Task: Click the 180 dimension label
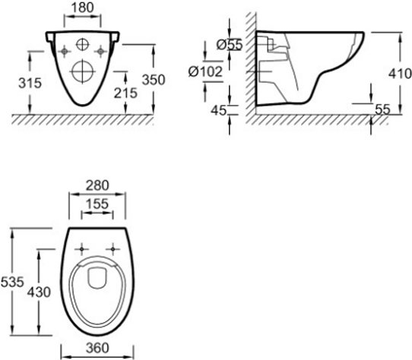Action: coord(83,8)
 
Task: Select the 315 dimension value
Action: coord(30,83)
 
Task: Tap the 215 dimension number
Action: coord(125,93)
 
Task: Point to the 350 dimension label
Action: coord(154,80)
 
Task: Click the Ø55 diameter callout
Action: coord(229,45)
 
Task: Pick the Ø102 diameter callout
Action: coord(206,71)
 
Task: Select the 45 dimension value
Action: coord(219,110)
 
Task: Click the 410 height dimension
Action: coord(400,73)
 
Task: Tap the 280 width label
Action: coord(97,185)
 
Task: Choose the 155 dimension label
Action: coord(97,204)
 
